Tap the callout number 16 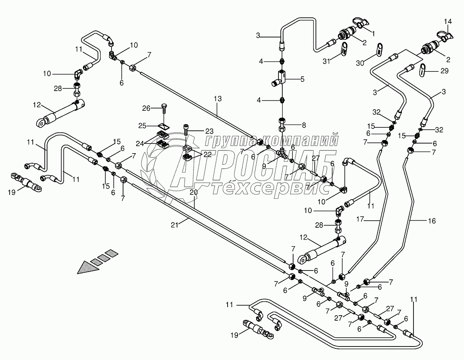tap(432, 221)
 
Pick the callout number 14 tap(447, 22)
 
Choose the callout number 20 tap(194, 192)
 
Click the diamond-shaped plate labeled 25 tap(164, 126)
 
